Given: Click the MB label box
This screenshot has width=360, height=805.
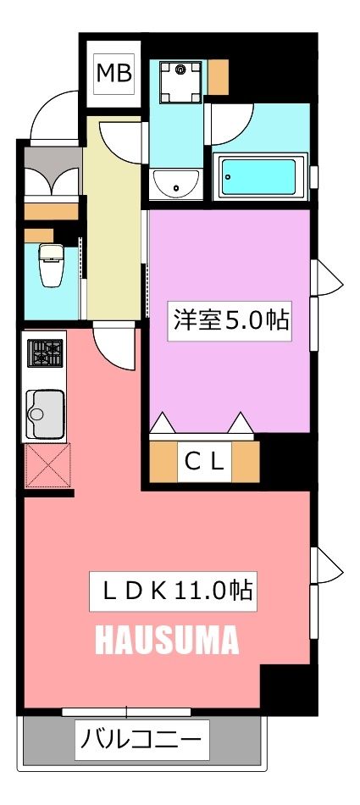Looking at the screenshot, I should pyautogui.click(x=114, y=74).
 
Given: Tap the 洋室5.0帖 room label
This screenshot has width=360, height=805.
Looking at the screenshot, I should pyautogui.click(x=230, y=321).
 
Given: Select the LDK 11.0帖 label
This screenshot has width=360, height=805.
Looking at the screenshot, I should pyautogui.click(x=173, y=591).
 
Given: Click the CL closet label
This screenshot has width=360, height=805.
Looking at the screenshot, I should pyautogui.click(x=204, y=462).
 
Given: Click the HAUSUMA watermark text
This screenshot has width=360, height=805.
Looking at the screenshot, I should pyautogui.click(x=166, y=641).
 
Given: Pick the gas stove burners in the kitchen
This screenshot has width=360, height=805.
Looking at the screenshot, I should pyautogui.click(x=46, y=353).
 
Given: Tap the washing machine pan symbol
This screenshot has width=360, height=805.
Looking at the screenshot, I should pyautogui.click(x=179, y=82).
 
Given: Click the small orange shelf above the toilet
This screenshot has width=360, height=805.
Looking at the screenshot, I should pyautogui.click(x=37, y=235).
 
